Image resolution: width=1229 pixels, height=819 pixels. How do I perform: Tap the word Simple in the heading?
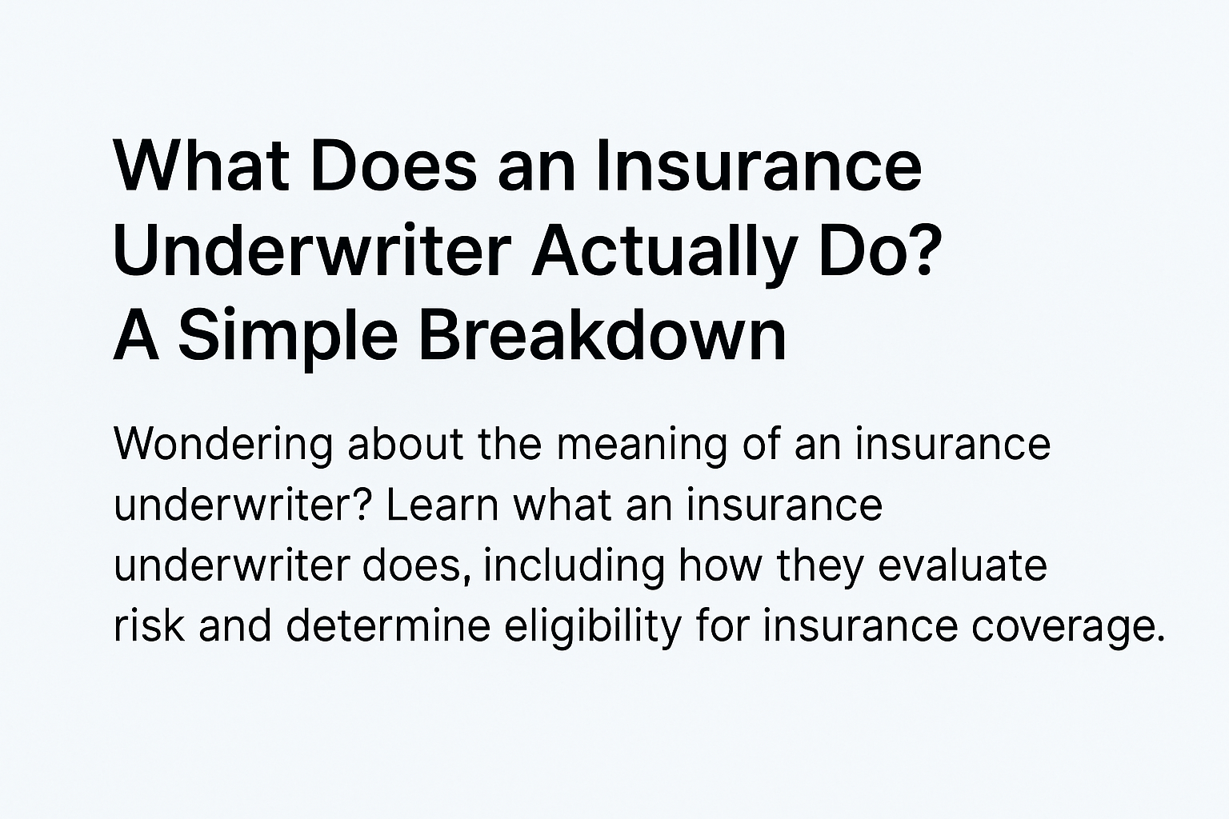(288, 338)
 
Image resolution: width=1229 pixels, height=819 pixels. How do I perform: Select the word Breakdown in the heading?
(602, 334)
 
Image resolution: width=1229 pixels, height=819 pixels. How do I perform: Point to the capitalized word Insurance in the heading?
(758, 165)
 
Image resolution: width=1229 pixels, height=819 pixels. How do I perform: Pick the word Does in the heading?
(394, 165)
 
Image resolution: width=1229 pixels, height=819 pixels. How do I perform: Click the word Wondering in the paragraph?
(223, 446)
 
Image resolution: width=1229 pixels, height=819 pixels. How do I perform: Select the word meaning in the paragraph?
(643, 446)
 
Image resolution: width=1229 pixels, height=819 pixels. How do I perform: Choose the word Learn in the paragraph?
(442, 505)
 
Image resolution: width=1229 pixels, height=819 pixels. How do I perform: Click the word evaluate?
(963, 565)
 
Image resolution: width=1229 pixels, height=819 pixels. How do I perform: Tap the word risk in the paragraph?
(149, 625)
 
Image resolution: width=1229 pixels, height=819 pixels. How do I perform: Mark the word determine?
(388, 625)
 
